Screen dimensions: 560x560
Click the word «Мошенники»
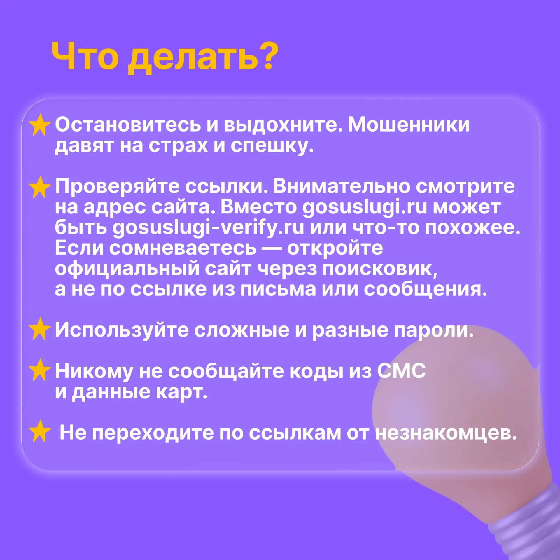(409, 125)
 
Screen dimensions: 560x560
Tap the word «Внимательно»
(341, 186)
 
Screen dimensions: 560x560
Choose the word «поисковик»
(379, 269)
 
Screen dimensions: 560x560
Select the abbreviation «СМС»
(401, 371)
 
